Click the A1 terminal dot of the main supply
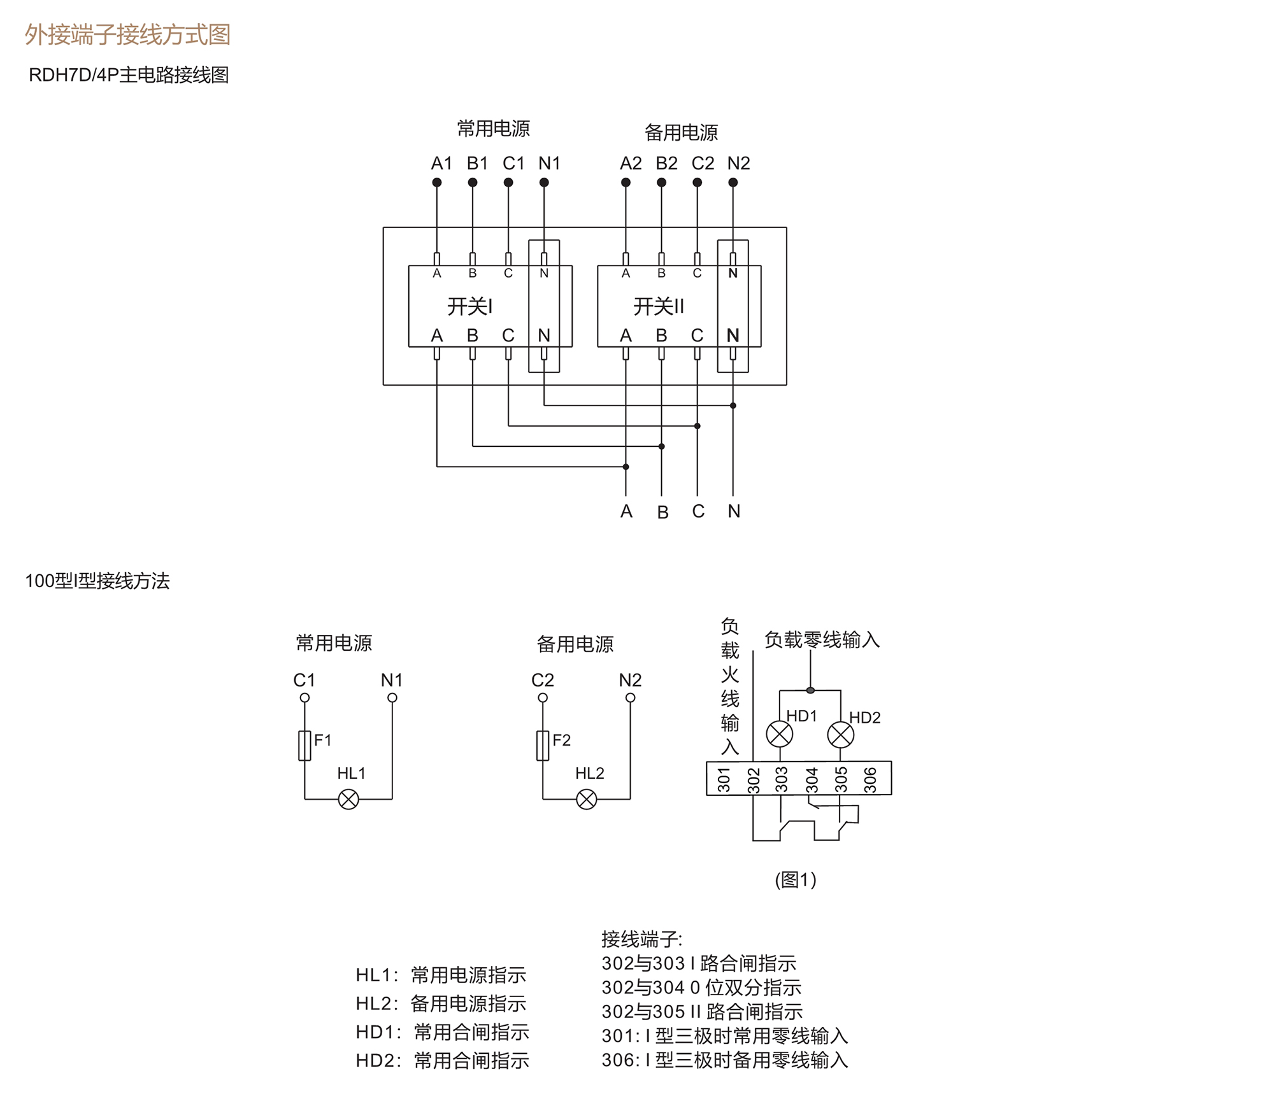pos(436,183)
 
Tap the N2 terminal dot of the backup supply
pos(733,183)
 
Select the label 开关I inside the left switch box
pos(469,306)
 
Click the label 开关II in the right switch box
pos(658,306)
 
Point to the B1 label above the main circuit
pos(477,164)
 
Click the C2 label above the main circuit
pos(703,164)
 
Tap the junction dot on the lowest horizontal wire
pos(626,467)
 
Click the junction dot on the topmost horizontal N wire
pos(733,406)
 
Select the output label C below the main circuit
pos(698,511)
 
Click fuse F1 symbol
pos(304,745)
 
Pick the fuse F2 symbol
pos(543,745)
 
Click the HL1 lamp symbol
pos(348,799)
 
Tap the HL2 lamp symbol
pos(587,799)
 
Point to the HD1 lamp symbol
pos(779,734)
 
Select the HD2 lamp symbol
pos(840,735)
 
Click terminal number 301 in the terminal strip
pos(724,779)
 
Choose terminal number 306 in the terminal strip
pos(870,779)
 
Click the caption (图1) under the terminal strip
pos(796,879)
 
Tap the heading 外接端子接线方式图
pos(127,34)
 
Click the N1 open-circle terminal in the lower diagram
pos(392,698)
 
